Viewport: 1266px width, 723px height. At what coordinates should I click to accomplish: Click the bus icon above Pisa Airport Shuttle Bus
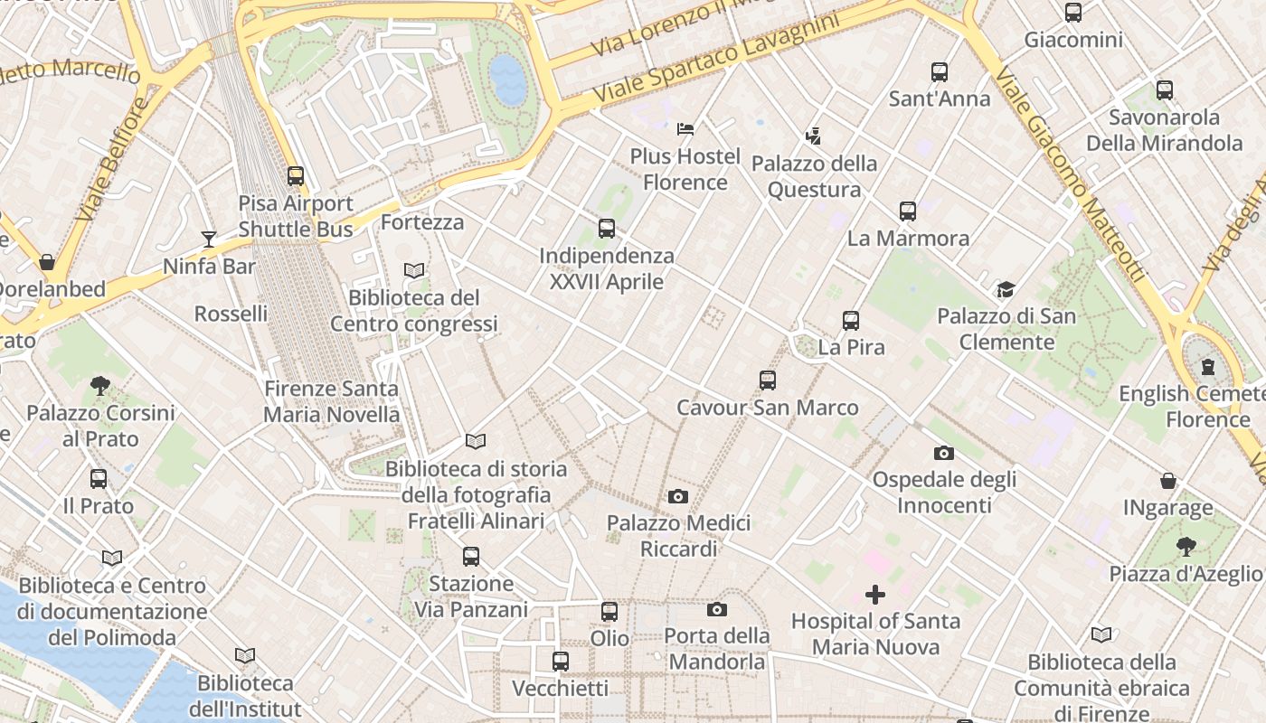[x=296, y=176]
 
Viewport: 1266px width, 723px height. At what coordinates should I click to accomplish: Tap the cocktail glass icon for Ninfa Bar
[x=209, y=239]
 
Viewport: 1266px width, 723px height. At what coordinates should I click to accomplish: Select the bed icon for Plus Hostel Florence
[x=685, y=129]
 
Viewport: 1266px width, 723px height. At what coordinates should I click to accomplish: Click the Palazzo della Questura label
[x=814, y=176]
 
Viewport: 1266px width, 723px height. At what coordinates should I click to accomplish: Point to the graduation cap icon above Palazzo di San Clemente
[x=1006, y=289]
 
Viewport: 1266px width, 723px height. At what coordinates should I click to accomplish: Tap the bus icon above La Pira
[x=850, y=321]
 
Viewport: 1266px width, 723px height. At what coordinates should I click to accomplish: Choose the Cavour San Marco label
[x=768, y=408]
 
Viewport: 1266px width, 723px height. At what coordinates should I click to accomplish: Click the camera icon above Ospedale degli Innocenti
[x=944, y=453]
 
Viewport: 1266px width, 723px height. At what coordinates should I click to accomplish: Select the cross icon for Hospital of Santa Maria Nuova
[x=875, y=595]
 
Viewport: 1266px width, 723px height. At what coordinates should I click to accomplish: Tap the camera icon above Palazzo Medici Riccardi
[x=678, y=496]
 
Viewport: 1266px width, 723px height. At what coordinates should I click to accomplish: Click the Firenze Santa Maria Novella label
[x=331, y=401]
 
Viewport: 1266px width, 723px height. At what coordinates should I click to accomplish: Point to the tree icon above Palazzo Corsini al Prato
[x=100, y=386]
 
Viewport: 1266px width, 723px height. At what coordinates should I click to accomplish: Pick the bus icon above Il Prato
[x=99, y=479]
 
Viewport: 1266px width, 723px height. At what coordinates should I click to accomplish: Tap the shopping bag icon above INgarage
[x=1168, y=481]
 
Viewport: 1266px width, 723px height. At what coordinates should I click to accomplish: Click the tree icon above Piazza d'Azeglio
[x=1186, y=547]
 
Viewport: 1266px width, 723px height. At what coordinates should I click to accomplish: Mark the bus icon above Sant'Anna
[x=940, y=72]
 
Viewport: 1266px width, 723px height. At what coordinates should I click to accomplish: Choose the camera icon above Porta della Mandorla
[x=717, y=610]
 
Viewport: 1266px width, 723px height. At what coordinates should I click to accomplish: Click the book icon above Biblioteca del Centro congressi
[x=414, y=270]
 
